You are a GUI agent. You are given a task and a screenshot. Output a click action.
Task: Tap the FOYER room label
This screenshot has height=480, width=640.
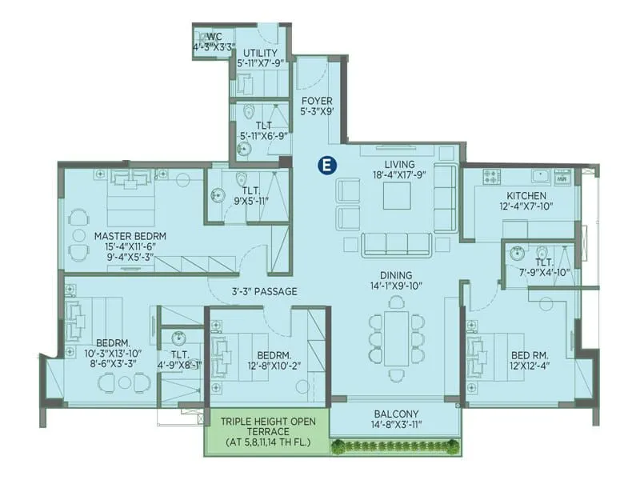(x=317, y=101)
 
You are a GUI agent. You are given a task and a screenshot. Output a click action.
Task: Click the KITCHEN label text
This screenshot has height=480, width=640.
(x=526, y=195)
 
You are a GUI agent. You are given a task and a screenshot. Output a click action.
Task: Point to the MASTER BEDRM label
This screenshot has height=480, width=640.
(x=130, y=236)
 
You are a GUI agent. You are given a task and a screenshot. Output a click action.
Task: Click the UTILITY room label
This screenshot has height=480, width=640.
(x=260, y=53)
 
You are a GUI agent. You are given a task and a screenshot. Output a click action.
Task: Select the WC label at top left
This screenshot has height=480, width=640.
(x=214, y=37)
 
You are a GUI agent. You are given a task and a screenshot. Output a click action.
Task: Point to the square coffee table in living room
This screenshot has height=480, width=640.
(x=397, y=195)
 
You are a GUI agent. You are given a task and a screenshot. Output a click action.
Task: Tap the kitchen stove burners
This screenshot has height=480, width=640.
(x=489, y=174)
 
